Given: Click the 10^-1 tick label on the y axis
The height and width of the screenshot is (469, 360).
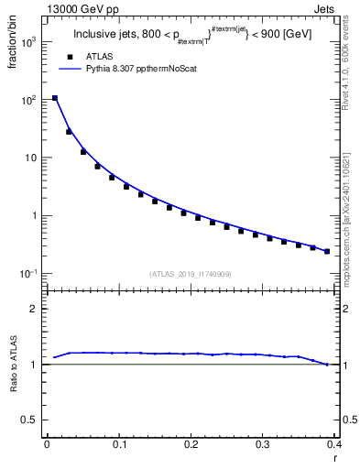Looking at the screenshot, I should coord(30,274).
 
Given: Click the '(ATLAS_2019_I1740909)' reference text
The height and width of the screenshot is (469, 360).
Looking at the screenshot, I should coord(191,274).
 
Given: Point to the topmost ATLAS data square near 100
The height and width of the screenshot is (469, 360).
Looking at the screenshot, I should coord(55,98).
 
